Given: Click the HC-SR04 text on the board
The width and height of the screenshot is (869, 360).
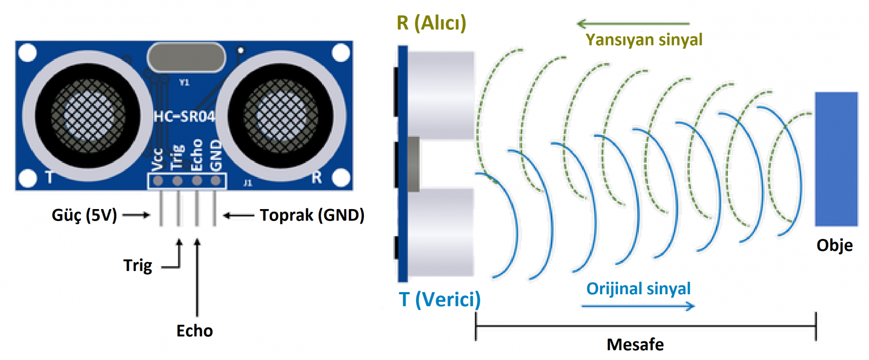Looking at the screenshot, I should click(184, 116).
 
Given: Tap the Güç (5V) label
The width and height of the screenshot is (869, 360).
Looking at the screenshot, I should click(84, 216).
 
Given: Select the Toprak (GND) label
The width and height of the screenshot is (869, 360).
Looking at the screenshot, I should click(312, 216).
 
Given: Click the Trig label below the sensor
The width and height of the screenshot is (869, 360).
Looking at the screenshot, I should click(137, 266).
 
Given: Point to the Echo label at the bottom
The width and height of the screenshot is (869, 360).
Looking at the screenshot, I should click(194, 331).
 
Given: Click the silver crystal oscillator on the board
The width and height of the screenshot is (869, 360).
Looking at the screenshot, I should click(186, 58).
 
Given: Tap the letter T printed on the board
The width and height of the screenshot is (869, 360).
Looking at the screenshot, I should click(49, 177).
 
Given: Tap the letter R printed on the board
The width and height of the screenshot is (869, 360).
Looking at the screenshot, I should click(317, 177).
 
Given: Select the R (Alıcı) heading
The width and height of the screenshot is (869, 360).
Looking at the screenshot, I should click(431, 23).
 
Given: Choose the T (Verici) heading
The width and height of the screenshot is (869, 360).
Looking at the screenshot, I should click(439, 299).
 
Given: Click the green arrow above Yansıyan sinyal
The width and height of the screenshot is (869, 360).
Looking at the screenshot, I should click(633, 23).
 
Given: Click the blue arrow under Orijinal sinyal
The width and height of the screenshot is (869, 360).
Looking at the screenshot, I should click(638, 306).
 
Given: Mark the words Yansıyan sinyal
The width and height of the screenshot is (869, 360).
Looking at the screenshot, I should click(644, 40).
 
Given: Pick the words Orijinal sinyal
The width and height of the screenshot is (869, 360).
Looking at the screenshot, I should click(638, 288).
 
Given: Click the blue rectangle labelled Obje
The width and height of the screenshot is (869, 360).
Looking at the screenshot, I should click(836, 159).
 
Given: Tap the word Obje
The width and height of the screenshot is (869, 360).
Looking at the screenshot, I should click(834, 245).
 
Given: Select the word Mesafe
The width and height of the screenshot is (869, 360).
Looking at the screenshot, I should click(635, 344).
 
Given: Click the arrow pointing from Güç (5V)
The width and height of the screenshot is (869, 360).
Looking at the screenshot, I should click(136, 216).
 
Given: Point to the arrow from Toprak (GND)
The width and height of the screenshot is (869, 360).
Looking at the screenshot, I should click(238, 216).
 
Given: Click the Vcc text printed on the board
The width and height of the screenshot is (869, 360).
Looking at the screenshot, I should click(157, 159).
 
